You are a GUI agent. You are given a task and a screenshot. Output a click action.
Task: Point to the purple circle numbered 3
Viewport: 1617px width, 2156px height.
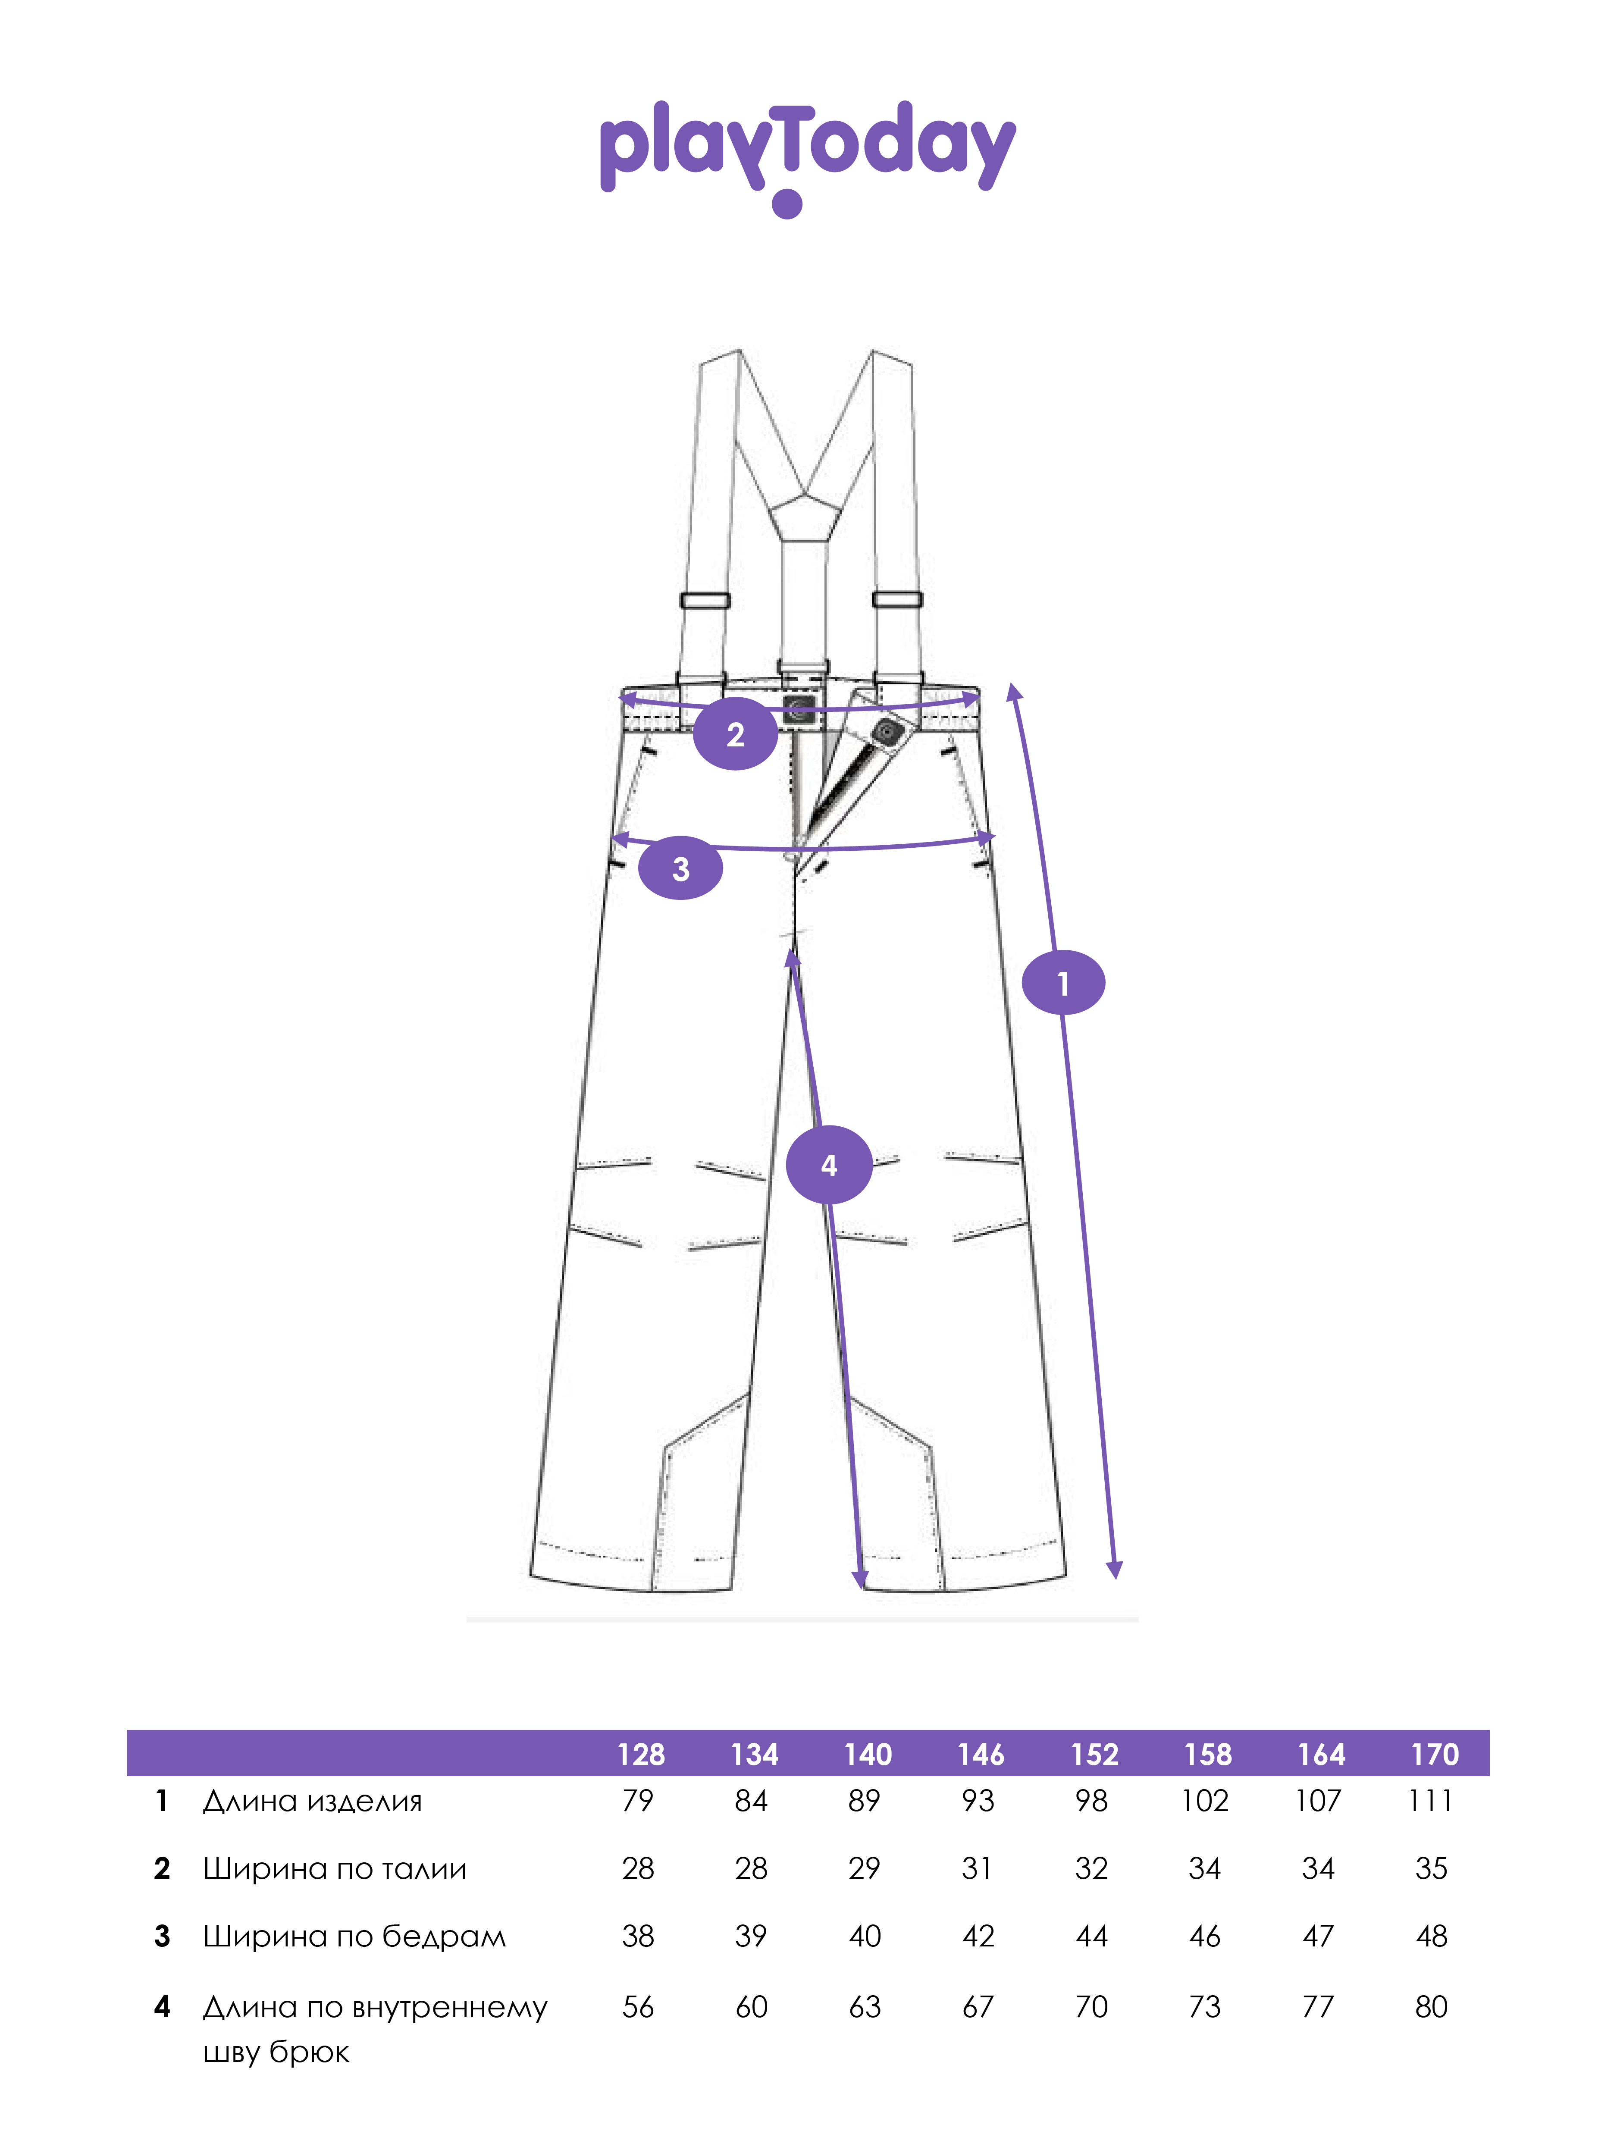(x=680, y=868)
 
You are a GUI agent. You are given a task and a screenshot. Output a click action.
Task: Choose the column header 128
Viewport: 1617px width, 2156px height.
(x=640, y=1755)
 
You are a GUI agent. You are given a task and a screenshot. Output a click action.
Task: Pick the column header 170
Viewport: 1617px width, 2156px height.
(x=1434, y=1755)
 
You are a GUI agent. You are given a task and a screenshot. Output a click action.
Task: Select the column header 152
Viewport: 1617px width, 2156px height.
(x=1094, y=1755)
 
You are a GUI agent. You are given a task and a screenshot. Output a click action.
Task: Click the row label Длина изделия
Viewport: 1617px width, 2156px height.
(x=312, y=1801)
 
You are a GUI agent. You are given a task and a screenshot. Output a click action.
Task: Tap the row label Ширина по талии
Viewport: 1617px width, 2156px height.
(x=334, y=1868)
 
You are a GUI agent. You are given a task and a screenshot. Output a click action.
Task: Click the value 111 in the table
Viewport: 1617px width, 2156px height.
(x=1430, y=1801)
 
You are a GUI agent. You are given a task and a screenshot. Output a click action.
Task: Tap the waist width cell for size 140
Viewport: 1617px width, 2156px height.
(x=864, y=1868)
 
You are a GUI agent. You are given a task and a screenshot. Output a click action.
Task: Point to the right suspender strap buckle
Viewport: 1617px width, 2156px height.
(x=897, y=599)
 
